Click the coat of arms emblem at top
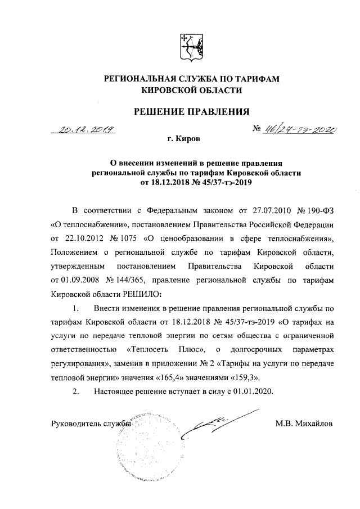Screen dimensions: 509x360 pyautogui.click(x=189, y=46)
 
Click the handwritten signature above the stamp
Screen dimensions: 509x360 pyautogui.click(x=217, y=423)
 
